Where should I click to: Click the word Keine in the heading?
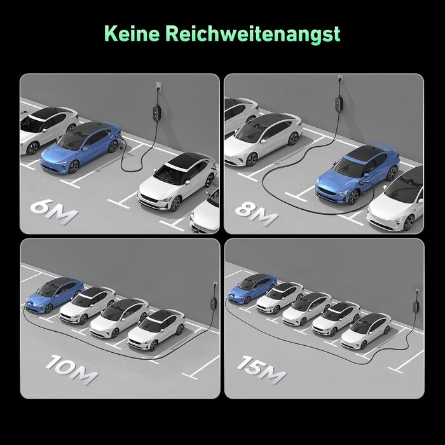[132, 34]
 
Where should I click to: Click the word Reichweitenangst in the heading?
[253, 35]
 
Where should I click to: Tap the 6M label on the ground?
[54, 212]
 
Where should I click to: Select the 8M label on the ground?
[257, 214]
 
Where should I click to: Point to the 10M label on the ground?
[72, 369]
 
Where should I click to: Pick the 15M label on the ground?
[262, 370]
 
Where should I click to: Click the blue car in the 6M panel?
[81, 147]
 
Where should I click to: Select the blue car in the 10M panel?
[55, 296]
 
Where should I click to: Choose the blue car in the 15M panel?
[252, 288]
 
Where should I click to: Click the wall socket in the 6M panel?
[158, 86]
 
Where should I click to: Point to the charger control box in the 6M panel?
[156, 113]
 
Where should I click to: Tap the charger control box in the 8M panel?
[339, 103]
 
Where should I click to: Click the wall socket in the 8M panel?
[340, 79]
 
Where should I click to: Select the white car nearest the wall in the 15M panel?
[366, 331]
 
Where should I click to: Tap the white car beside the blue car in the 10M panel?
[88, 305]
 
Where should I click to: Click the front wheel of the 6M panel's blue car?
[74, 167]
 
